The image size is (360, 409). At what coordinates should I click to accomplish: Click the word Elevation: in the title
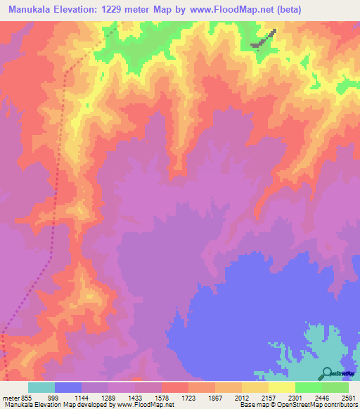(x=82, y=10)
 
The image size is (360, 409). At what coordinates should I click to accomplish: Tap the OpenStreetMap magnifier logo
(x=327, y=374)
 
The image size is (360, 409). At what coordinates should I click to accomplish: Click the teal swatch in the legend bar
(x=41, y=387)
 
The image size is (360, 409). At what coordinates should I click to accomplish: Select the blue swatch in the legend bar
(x=68, y=387)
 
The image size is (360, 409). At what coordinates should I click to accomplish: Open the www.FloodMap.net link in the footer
(x=143, y=404)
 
